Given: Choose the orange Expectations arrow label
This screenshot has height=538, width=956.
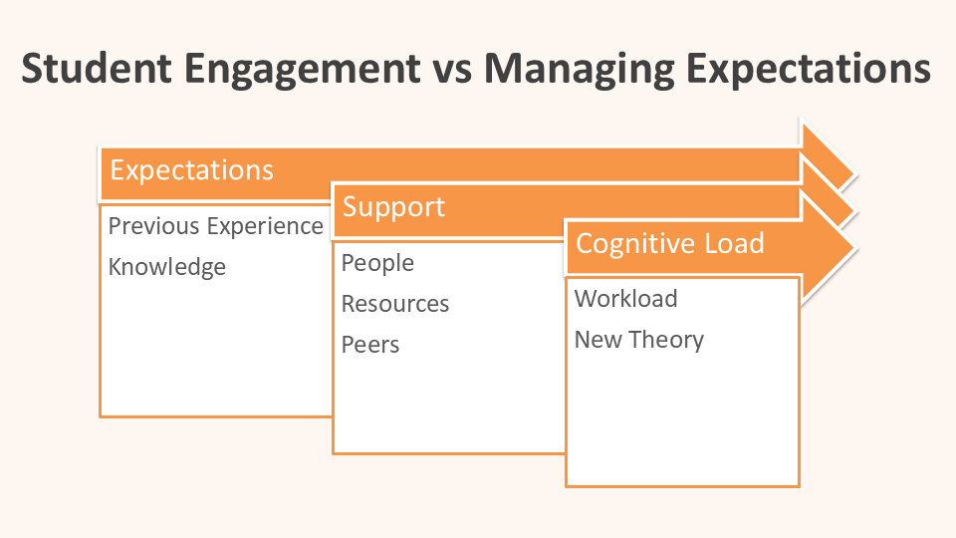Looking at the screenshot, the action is [x=191, y=170].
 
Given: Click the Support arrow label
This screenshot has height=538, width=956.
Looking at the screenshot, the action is [x=393, y=207].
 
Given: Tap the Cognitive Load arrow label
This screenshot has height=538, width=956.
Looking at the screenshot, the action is [x=669, y=243].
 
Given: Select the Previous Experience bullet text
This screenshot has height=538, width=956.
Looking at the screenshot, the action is [x=215, y=226].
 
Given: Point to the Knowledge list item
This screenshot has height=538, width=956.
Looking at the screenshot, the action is [x=167, y=267].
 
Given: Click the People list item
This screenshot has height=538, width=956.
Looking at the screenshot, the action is [x=377, y=263].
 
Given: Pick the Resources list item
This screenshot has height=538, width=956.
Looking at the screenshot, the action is [x=395, y=304].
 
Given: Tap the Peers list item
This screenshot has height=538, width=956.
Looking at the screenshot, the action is [x=370, y=345].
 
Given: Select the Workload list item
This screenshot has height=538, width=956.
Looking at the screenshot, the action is [x=625, y=299].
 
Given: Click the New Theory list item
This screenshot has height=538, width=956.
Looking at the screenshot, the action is [x=639, y=340].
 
